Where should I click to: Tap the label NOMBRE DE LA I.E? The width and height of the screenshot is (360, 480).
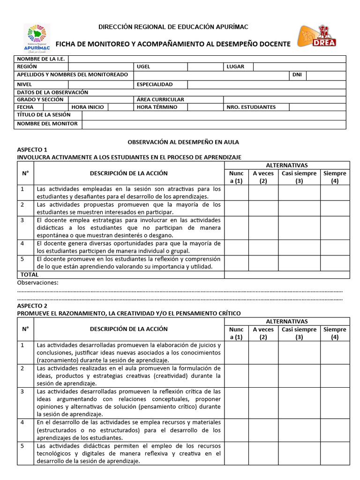click(41, 59)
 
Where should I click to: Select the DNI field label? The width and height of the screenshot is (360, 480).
click(297, 75)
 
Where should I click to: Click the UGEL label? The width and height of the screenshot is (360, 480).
click(143, 67)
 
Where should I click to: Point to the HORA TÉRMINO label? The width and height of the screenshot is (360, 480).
click(157, 107)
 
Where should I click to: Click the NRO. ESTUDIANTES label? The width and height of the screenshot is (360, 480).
click(251, 107)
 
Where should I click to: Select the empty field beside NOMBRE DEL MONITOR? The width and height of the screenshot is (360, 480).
click(214, 124)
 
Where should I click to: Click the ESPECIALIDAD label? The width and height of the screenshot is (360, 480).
click(155, 84)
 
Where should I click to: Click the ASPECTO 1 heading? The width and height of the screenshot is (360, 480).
click(32, 149)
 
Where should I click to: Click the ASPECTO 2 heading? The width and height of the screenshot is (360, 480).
click(32, 305)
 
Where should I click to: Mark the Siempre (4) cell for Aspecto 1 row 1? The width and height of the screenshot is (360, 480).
click(335, 193)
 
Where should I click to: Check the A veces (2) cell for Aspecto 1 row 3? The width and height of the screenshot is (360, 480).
click(263, 227)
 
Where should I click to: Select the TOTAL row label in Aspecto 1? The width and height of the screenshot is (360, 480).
click(29, 275)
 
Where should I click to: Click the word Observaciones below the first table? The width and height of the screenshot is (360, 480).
click(37, 283)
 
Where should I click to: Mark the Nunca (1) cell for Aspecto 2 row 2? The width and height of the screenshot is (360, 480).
click(236, 375)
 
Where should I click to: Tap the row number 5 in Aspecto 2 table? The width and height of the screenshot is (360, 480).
click(22, 446)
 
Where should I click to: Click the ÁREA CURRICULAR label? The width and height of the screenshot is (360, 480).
click(160, 99)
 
